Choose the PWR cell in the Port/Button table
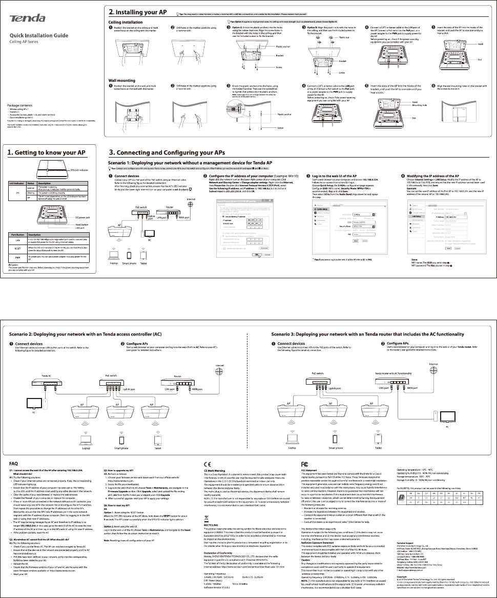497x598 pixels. coord(17,257)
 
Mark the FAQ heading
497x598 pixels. coord(15,462)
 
